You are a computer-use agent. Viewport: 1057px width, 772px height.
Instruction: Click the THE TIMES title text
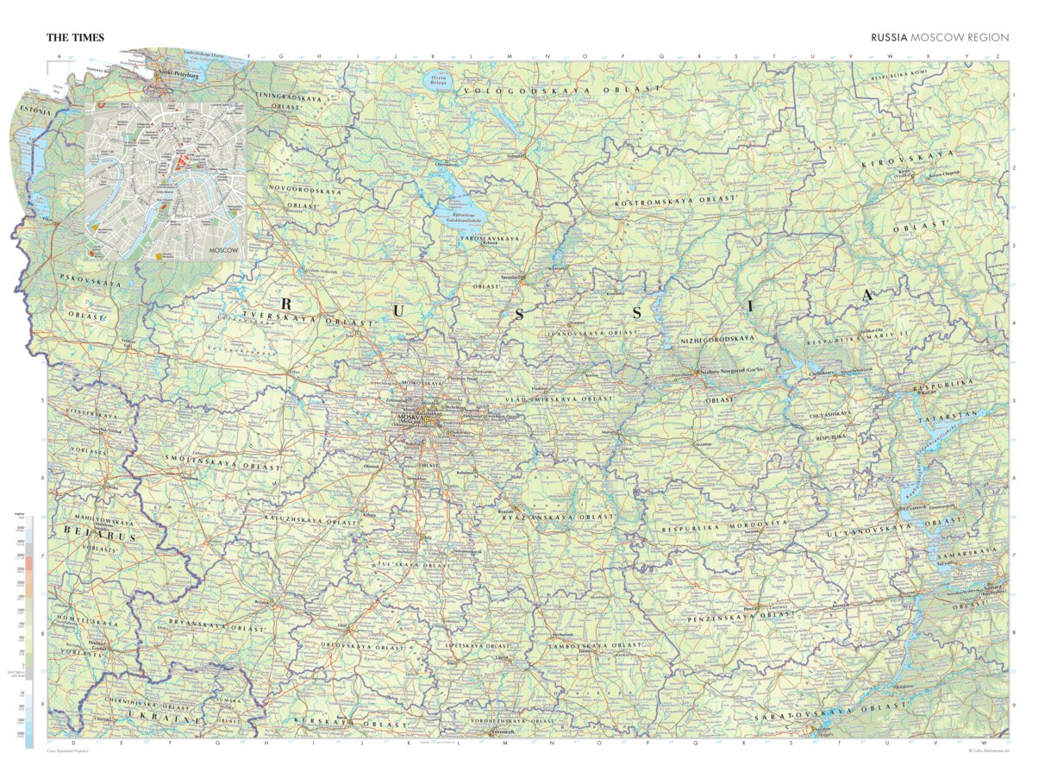click(x=76, y=37)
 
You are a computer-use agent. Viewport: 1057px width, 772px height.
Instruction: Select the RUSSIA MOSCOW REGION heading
click(x=939, y=37)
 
